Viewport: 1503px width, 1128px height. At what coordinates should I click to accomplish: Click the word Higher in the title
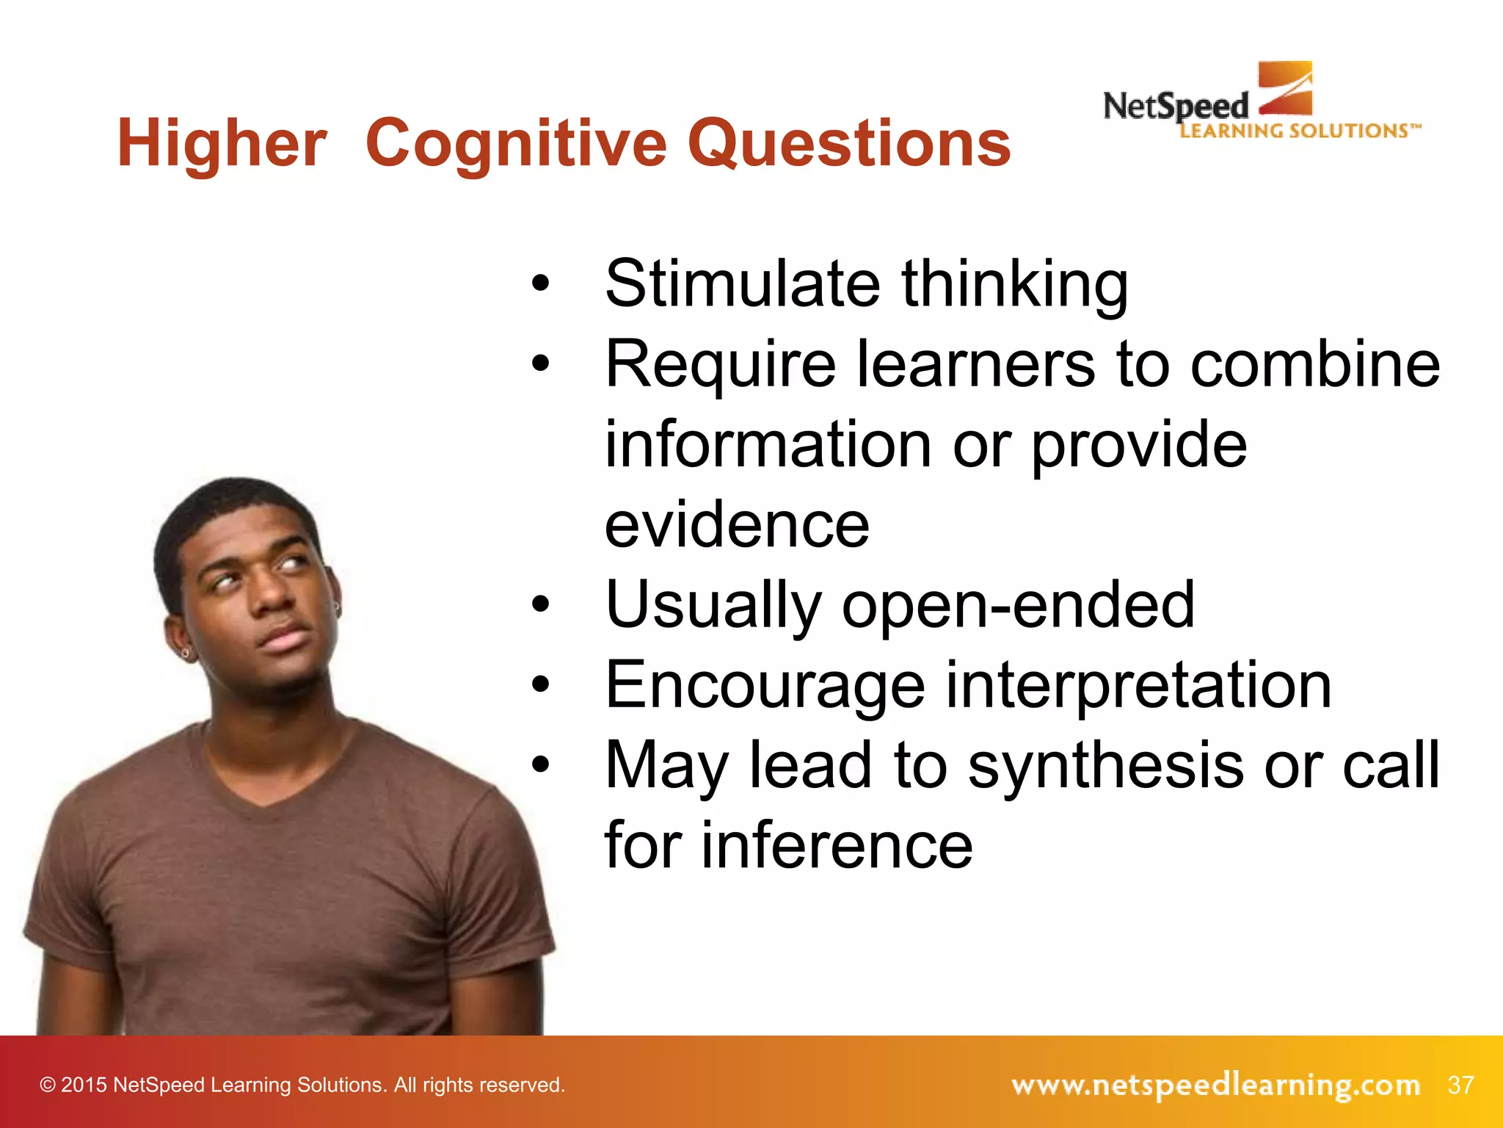[222, 144]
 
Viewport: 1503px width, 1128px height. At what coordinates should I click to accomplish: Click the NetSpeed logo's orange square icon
[1285, 88]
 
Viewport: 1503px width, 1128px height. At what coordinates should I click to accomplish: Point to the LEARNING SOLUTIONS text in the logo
[1299, 131]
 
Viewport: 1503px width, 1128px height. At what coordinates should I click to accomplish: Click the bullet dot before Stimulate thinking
[541, 284]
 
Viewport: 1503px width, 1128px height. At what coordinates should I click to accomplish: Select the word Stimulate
[742, 284]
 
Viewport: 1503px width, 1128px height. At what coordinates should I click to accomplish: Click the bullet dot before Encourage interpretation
[541, 686]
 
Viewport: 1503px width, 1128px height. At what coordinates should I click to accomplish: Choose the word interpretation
[1138, 686]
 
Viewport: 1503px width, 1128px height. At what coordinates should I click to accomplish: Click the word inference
[837, 846]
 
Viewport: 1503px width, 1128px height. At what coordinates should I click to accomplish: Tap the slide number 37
[1460, 1085]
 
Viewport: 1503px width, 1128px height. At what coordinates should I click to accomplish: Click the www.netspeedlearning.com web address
[1215, 1085]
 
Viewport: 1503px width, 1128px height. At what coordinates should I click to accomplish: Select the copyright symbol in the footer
[48, 1085]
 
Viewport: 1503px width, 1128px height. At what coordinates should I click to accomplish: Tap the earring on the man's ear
[186, 653]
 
